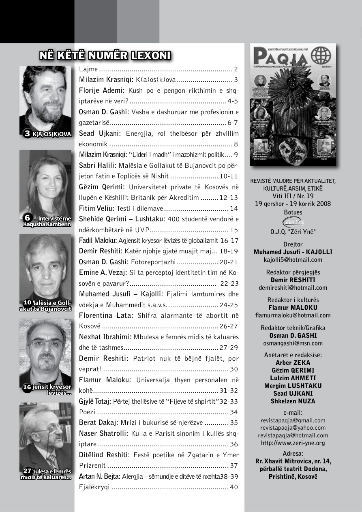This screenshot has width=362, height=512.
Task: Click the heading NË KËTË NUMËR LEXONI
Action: (105, 56)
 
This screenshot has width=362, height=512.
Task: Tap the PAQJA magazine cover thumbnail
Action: (293, 105)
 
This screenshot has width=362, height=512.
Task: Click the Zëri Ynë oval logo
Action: (293, 222)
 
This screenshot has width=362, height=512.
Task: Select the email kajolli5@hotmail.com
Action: (293, 260)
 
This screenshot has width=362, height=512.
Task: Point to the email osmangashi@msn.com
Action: (293, 343)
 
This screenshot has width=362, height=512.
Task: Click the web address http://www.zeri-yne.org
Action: (293, 443)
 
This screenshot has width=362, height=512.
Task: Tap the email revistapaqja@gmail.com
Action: (293, 420)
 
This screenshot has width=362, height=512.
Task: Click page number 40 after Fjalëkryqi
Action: (234, 487)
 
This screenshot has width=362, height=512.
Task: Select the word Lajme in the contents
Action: (88, 69)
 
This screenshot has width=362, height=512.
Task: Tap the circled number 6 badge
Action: (27, 218)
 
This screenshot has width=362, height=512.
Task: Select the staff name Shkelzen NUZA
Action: (293, 401)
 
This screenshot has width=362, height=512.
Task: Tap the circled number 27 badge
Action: (27, 471)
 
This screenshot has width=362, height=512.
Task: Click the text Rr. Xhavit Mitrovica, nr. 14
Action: (293, 461)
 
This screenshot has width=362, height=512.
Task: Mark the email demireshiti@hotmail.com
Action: (293, 288)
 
